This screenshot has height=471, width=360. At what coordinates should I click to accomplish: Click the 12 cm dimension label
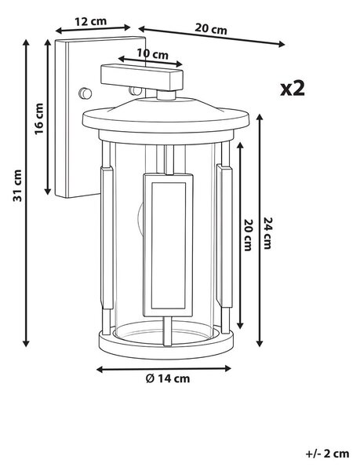(x=90, y=21)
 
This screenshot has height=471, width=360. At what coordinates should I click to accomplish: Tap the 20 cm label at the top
(x=211, y=29)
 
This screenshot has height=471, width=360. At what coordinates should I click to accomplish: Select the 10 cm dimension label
(x=153, y=54)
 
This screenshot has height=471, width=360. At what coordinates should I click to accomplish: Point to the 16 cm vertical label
(x=39, y=119)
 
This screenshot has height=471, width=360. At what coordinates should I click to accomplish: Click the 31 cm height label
(x=17, y=185)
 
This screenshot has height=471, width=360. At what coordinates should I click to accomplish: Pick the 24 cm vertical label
(x=267, y=233)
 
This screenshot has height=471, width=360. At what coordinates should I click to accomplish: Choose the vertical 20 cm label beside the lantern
(x=249, y=235)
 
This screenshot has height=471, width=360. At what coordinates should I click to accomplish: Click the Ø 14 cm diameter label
(x=168, y=378)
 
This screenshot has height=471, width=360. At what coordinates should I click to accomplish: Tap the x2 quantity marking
(x=293, y=89)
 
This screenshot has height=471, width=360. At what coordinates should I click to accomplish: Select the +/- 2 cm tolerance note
(x=328, y=454)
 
